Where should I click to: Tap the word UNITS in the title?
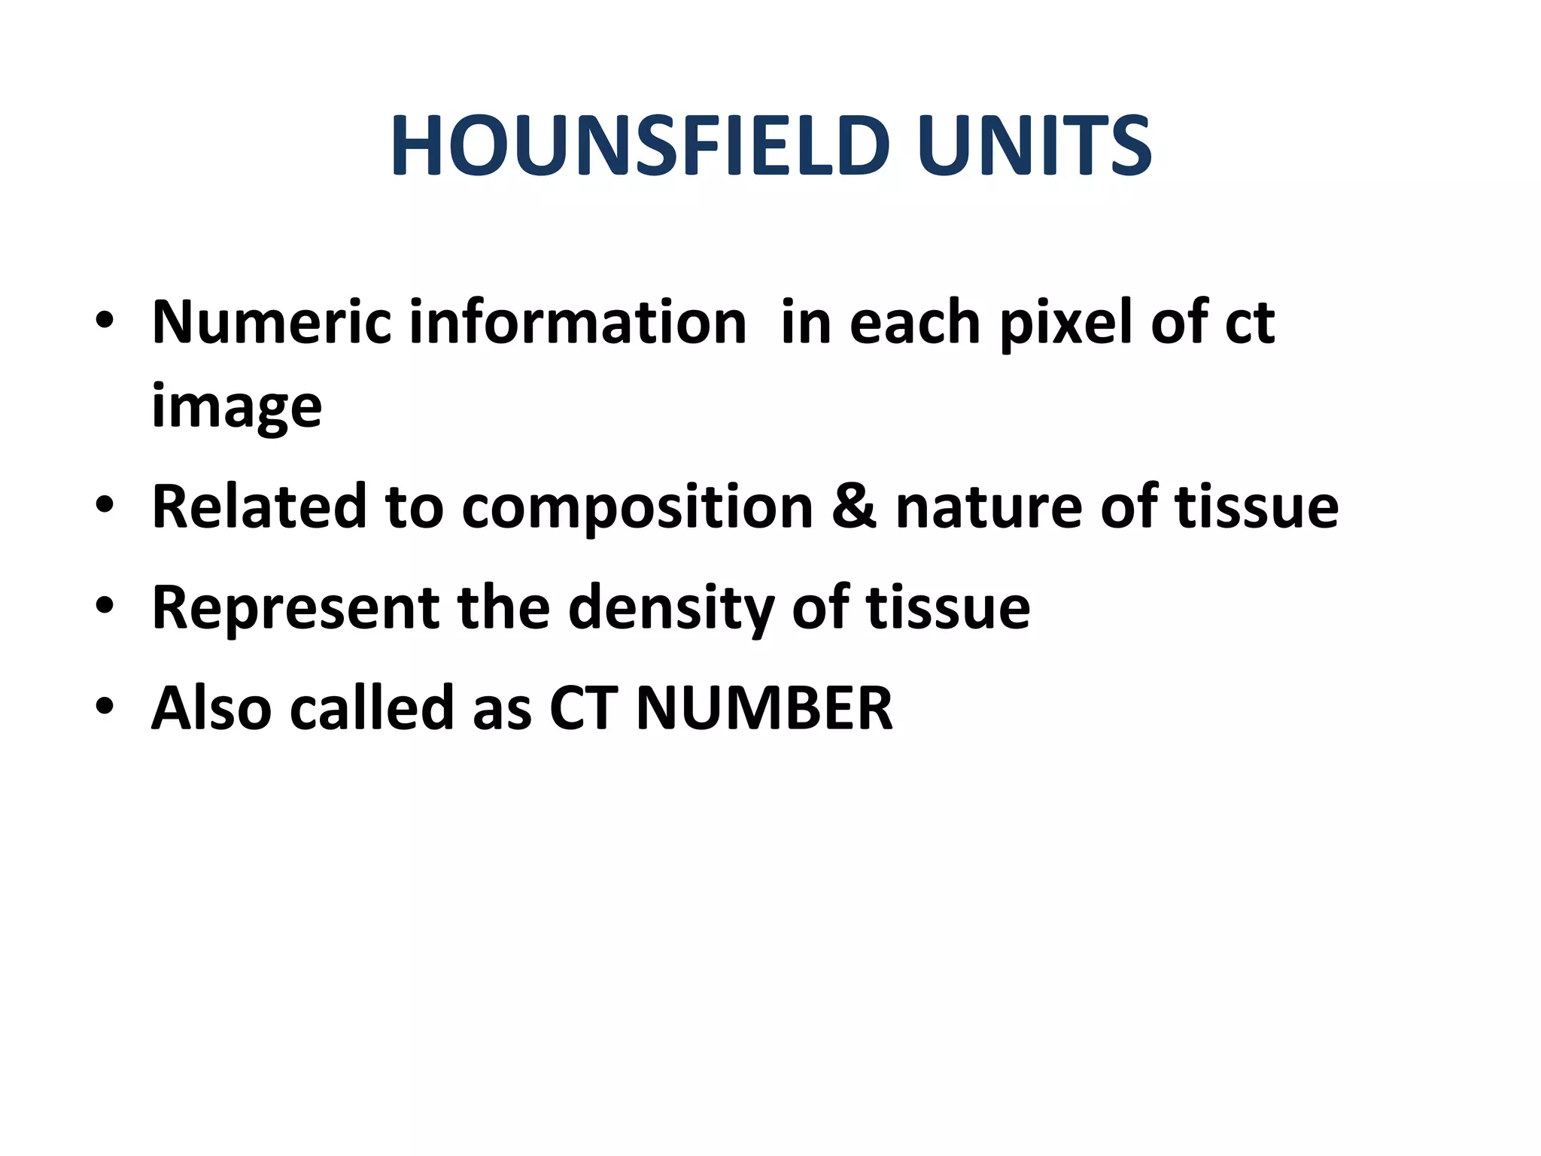pos(1034,147)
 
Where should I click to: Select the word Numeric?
pos(272,322)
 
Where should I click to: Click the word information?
pos(578,322)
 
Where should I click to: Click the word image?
pos(237,407)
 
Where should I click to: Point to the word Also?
pos(211,708)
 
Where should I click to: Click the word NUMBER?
pos(764,708)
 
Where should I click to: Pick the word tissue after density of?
pos(948,608)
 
